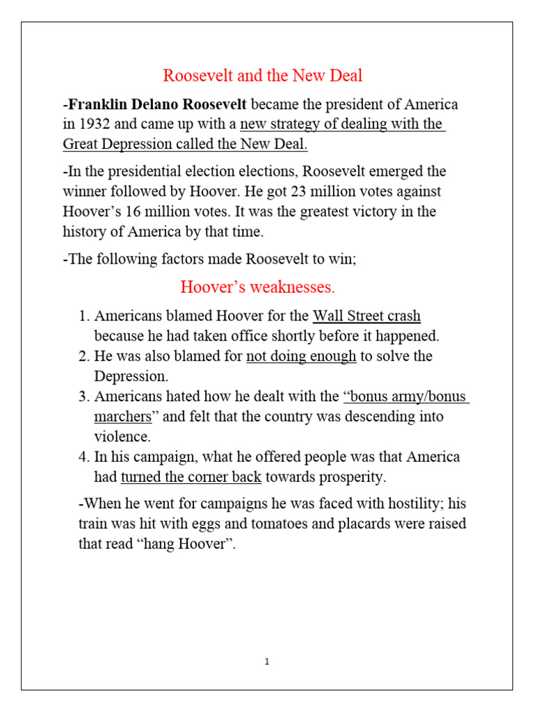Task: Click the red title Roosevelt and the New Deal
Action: [x=263, y=75]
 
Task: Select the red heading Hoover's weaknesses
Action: [x=258, y=286]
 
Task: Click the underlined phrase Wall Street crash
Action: [x=366, y=316]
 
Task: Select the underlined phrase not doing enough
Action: [x=301, y=356]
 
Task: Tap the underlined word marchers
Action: [x=123, y=417]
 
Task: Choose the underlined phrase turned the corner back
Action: [x=191, y=477]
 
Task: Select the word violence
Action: [x=123, y=437]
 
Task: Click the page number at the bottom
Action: [x=267, y=661]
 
